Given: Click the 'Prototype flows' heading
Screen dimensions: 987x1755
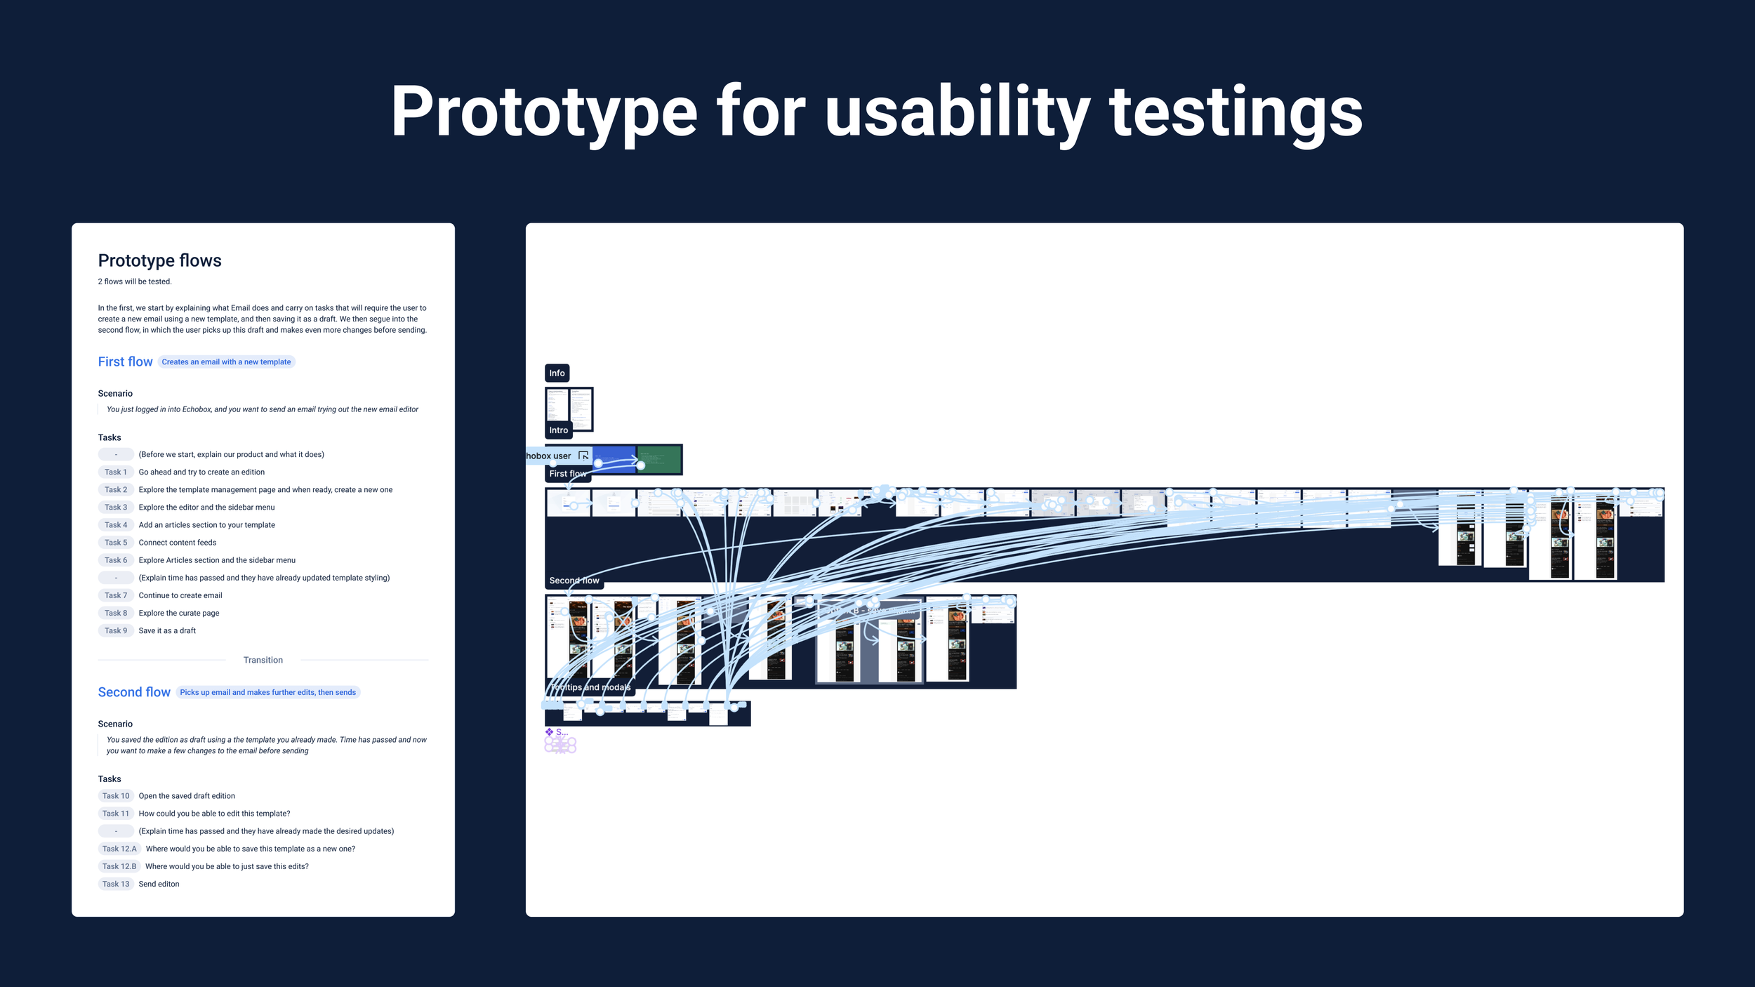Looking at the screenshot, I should click(159, 260).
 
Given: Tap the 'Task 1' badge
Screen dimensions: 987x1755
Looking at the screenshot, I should click(116, 472).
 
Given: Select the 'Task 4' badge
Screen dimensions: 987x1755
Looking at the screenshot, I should click(116, 525).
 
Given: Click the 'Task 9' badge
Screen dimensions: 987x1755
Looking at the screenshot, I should click(116, 631).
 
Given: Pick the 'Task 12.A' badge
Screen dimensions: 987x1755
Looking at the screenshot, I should click(119, 849).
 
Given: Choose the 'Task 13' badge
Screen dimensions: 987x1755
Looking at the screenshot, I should click(116, 885).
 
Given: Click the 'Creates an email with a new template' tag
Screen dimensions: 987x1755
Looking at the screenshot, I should click(226, 362).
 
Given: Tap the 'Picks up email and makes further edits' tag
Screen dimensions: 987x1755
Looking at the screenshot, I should click(267, 693).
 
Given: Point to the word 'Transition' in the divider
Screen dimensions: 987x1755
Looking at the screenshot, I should click(263, 661).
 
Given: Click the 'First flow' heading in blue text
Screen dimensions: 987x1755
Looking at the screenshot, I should click(125, 362).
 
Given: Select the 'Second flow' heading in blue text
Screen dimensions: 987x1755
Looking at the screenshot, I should click(134, 693).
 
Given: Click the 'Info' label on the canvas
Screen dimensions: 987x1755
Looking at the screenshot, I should click(557, 373).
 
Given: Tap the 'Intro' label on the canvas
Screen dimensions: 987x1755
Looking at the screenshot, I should click(558, 430).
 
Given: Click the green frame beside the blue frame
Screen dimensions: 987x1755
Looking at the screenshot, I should click(660, 459).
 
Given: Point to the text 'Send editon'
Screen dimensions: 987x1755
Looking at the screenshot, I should click(159, 885).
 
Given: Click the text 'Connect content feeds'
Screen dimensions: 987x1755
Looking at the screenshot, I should click(178, 543).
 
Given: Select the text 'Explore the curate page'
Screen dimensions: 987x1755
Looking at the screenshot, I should click(179, 614).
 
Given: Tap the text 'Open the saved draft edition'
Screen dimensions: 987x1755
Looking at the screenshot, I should click(187, 796).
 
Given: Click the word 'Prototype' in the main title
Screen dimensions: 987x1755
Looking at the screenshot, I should click(544, 112).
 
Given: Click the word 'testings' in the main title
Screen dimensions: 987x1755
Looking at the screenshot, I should click(1236, 112).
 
